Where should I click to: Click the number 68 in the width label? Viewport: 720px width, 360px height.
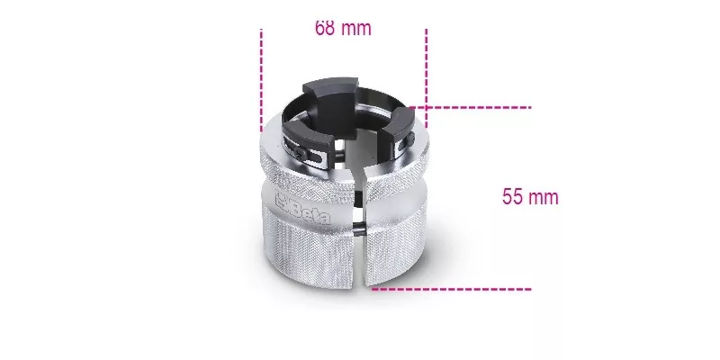[325, 29]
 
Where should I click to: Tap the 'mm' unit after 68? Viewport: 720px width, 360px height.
[356, 30]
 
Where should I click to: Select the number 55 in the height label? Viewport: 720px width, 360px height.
[512, 197]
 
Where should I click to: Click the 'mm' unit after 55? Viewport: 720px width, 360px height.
[544, 198]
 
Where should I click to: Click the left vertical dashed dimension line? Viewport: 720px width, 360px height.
[261, 80]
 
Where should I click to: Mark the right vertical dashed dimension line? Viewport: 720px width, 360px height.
[426, 78]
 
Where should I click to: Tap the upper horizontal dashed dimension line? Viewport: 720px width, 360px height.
[470, 107]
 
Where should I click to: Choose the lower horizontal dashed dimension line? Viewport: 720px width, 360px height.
[452, 289]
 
